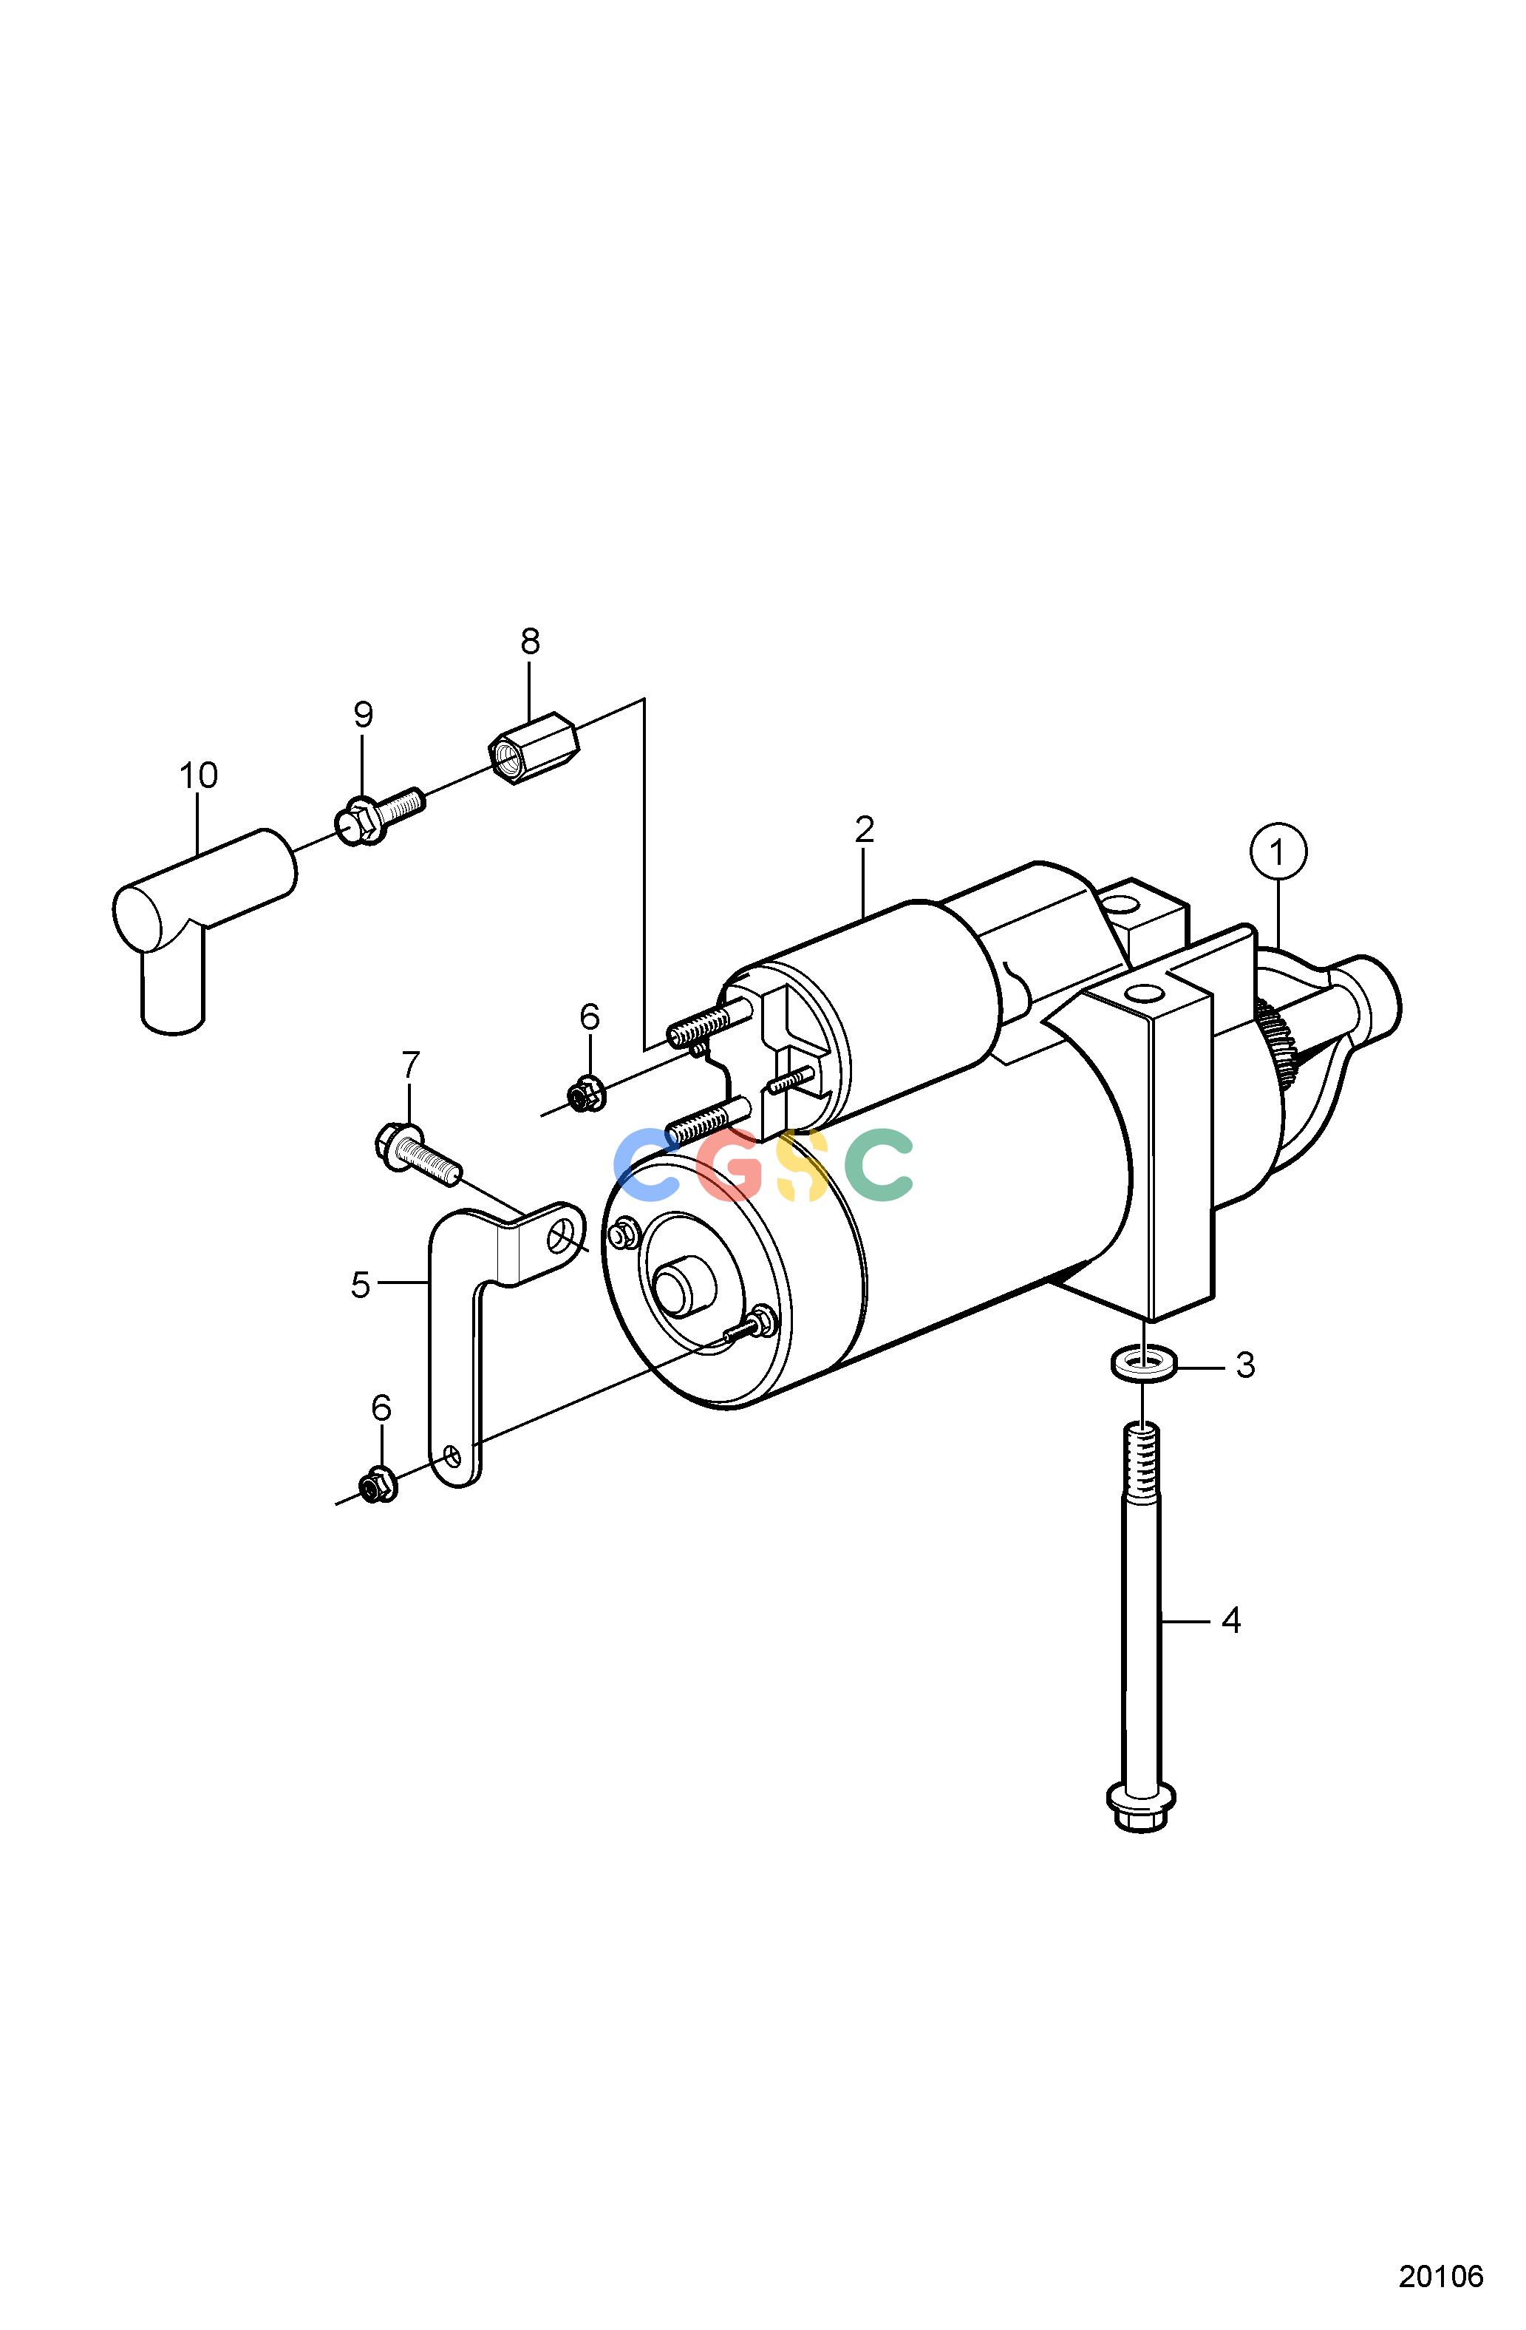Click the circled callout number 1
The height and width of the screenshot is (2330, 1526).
(x=1278, y=853)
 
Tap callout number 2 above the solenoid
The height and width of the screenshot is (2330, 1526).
(x=863, y=829)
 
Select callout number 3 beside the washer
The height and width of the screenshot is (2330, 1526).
(x=1244, y=1365)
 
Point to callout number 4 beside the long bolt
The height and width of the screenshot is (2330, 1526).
(x=1231, y=1622)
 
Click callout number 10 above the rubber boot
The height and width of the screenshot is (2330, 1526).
(x=198, y=775)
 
